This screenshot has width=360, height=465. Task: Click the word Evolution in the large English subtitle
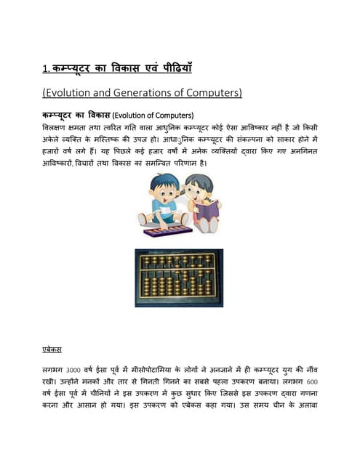(76, 93)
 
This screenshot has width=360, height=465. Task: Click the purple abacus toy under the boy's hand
(168, 231)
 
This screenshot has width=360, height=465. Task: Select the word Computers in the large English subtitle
(214, 93)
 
